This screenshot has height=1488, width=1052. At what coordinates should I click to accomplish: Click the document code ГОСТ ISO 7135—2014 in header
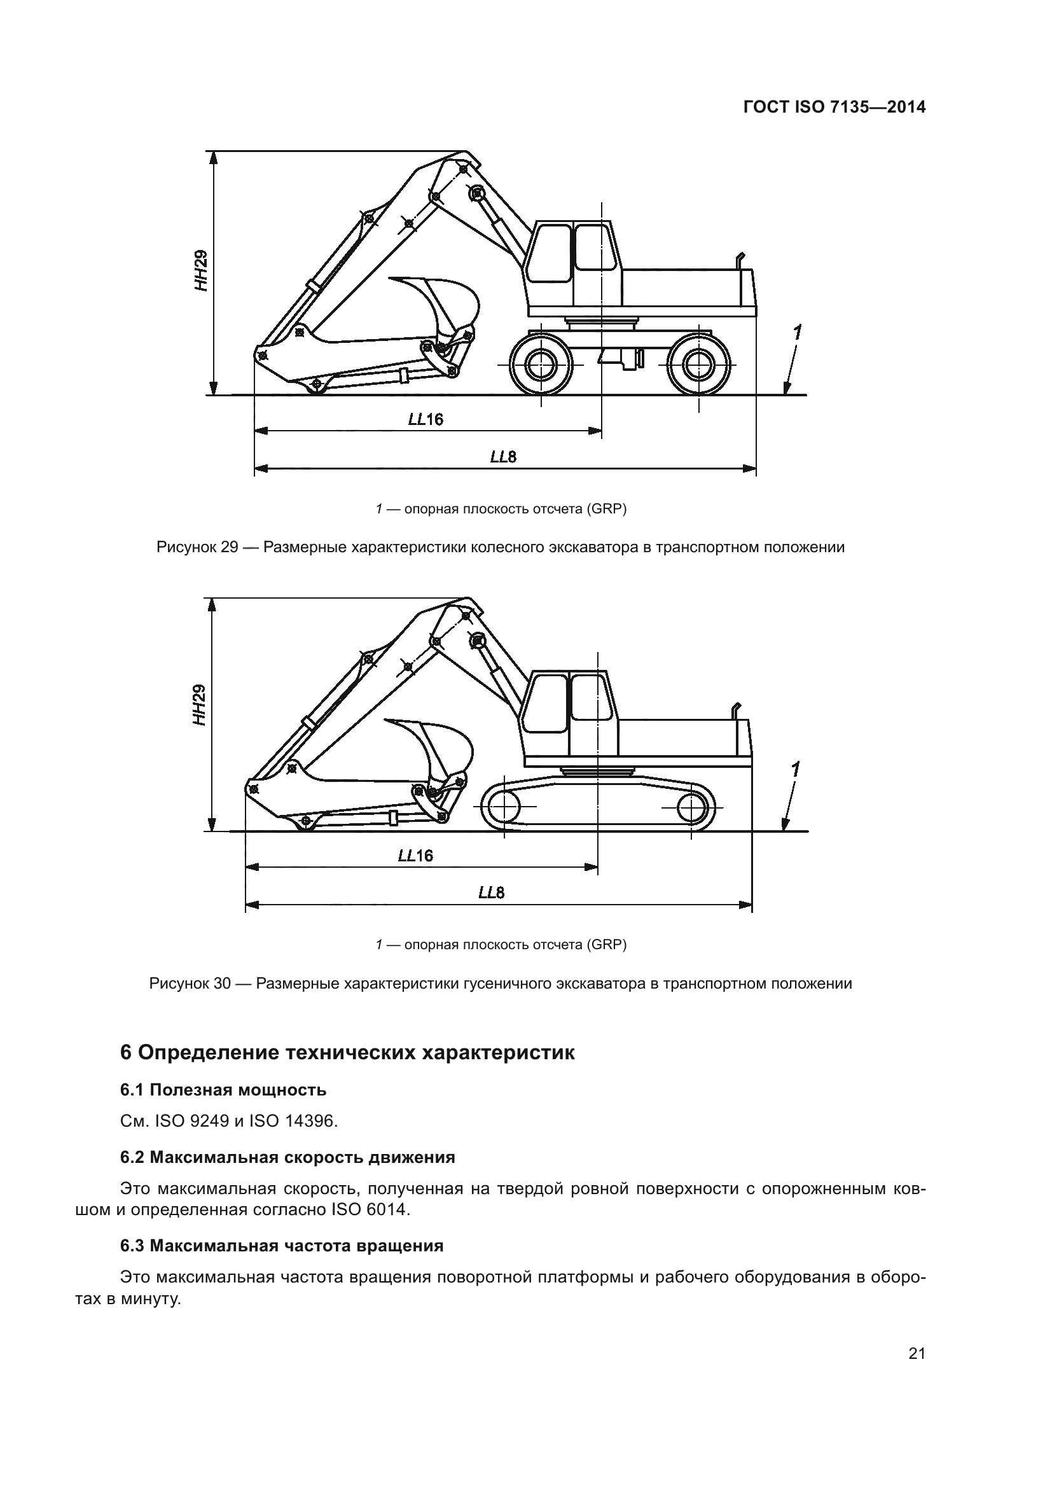pos(834,107)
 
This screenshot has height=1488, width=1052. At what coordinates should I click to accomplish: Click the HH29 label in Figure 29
pos(203,270)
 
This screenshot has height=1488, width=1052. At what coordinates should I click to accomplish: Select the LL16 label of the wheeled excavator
pos(426,419)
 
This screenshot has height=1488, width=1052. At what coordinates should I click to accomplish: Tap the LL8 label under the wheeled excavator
pos(502,457)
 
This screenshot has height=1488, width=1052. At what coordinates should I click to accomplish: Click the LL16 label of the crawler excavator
pos(415,856)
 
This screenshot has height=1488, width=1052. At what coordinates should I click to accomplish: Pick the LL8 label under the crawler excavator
pos(491,893)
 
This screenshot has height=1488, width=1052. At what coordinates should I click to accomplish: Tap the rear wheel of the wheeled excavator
pos(698,365)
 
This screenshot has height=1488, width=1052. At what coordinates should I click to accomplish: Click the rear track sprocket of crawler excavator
pos(691,807)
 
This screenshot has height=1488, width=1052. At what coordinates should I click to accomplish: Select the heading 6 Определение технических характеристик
pos(347,1052)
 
